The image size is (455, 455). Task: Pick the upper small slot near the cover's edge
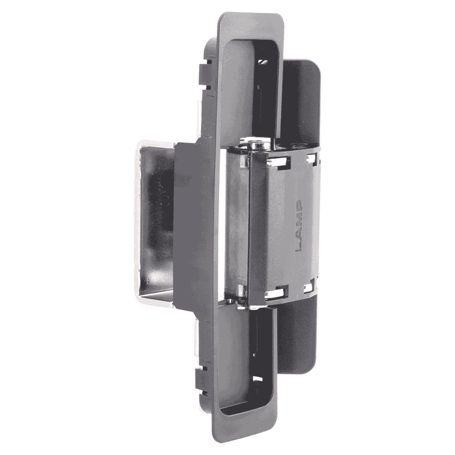(x=311, y=158)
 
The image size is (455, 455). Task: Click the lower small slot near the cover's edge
(x=308, y=287)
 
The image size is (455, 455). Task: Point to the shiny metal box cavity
(x=155, y=223)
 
